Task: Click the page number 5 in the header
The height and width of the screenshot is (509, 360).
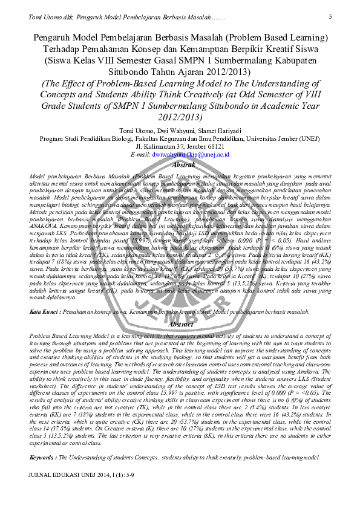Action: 330,16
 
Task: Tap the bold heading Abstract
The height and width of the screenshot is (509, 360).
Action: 180,324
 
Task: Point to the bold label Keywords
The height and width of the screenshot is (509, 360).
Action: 42,458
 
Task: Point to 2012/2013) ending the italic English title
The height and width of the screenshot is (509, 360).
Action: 180,117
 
